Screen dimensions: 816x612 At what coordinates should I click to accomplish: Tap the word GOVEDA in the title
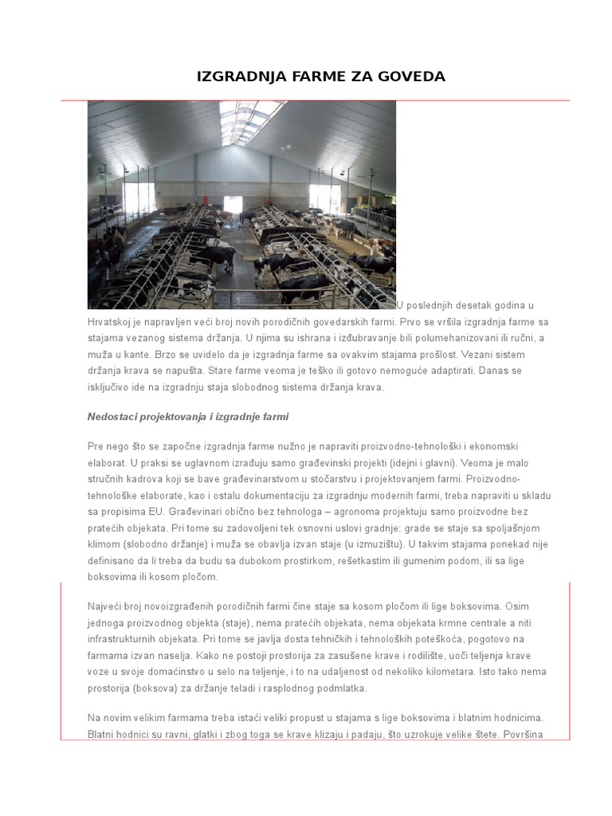(411, 76)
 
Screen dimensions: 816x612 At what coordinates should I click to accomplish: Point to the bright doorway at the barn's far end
(233, 205)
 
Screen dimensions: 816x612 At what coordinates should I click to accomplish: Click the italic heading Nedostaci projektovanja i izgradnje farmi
(187, 417)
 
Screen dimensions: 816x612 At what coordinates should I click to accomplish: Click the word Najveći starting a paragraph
(108, 606)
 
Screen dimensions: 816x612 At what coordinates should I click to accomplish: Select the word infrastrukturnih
(131, 639)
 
